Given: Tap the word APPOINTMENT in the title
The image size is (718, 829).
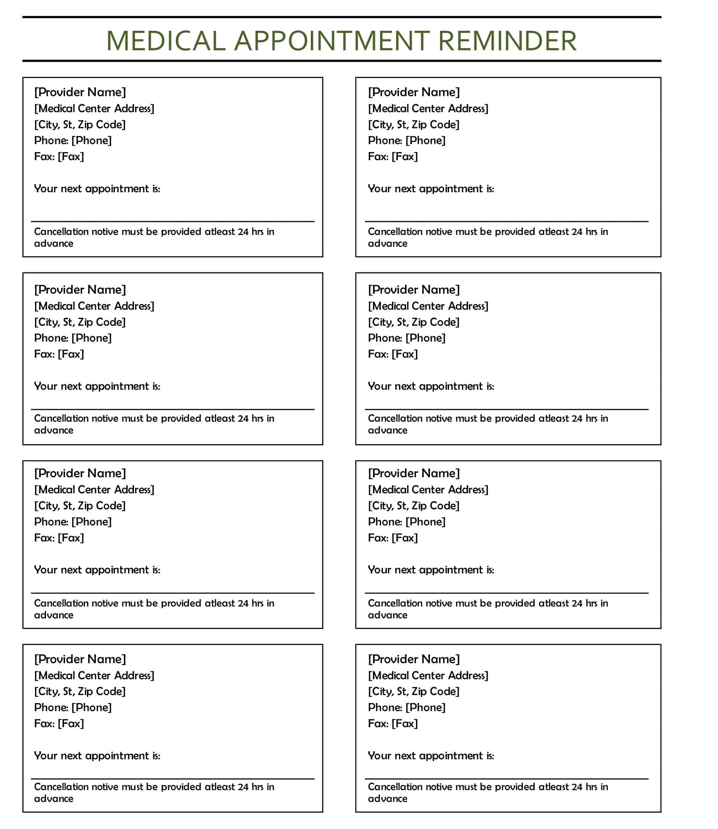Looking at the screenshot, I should [x=332, y=41].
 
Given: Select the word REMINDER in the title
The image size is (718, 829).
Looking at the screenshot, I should [x=507, y=41].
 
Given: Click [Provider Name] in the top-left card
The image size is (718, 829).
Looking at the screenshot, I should [x=80, y=92].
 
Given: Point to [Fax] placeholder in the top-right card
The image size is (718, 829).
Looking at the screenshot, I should [x=405, y=157].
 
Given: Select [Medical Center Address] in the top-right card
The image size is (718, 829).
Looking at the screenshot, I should [x=428, y=109].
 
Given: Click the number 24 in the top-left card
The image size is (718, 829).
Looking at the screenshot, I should [x=243, y=232].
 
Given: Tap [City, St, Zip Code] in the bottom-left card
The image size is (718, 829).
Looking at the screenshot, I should [x=80, y=691].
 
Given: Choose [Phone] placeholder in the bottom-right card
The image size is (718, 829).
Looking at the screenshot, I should [x=425, y=707].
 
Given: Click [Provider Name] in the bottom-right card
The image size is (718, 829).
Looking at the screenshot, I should [x=413, y=659].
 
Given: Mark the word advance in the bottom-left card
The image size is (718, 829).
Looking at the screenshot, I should [x=54, y=799].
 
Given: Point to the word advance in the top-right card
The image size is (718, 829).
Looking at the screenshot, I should [x=387, y=243].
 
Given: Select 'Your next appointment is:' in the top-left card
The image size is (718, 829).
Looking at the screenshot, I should [x=97, y=188].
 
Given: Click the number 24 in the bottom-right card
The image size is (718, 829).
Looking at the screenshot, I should [x=577, y=787].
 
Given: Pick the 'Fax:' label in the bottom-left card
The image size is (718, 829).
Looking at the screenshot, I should [x=44, y=723].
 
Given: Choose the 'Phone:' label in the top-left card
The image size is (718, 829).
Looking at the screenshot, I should [x=52, y=141].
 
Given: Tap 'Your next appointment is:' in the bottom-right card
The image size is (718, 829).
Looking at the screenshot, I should [x=431, y=755].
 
